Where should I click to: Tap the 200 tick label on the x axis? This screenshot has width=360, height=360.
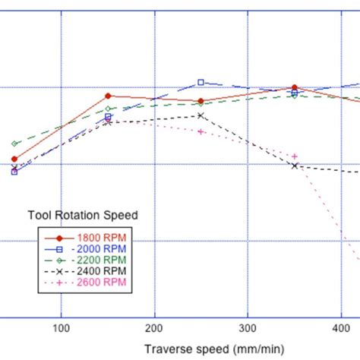[154, 329]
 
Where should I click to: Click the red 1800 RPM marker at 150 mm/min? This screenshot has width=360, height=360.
[108, 96]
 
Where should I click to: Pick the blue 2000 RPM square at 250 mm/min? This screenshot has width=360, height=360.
[201, 82]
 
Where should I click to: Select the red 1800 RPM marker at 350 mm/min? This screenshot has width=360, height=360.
[295, 88]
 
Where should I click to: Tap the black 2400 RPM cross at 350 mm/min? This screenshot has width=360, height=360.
[295, 166]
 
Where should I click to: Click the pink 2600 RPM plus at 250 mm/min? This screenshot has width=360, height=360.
[201, 131]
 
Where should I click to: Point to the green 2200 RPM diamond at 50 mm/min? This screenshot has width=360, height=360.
[14, 144]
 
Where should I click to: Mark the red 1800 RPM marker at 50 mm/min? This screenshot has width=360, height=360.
[14, 159]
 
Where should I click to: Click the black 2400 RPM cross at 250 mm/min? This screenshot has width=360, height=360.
[201, 115]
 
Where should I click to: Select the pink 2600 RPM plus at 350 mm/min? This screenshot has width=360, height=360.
[295, 156]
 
